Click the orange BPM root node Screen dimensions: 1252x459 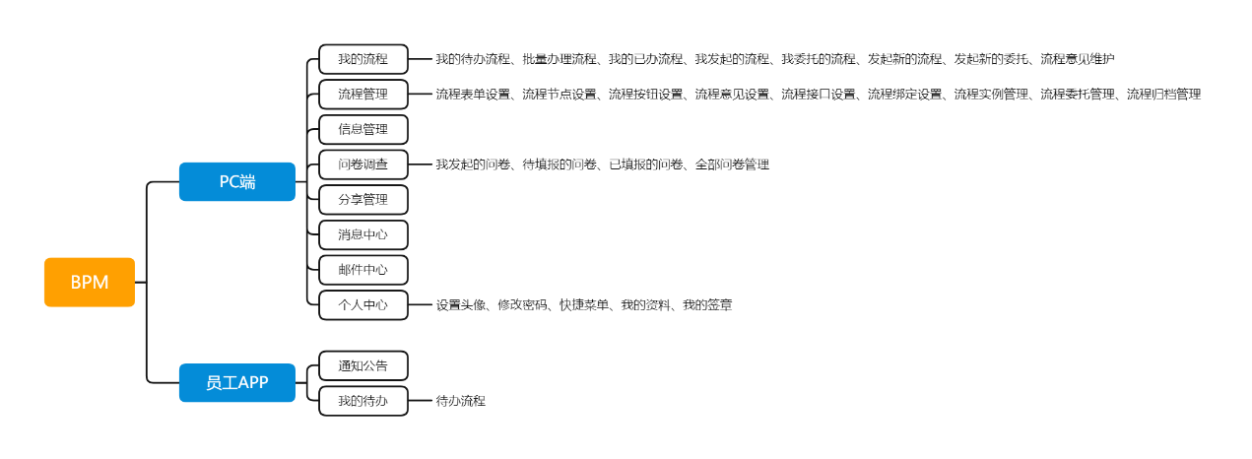coord(90,282)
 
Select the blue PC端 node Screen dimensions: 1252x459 coord(237,181)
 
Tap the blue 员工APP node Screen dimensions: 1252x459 coord(237,382)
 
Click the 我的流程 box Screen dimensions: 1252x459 coord(363,59)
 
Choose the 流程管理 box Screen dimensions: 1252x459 coord(363,94)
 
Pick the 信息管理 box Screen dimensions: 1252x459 coord(363,129)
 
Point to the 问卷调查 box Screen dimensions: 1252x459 coord(363,164)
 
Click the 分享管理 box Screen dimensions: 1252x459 coord(363,200)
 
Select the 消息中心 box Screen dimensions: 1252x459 coord(363,234)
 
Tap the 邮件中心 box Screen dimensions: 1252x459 coord(363,270)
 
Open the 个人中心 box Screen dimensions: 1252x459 coord(363,305)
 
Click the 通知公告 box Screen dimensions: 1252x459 coord(363,365)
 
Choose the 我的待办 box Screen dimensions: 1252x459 coord(363,401)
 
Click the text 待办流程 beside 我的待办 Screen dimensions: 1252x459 coord(461,401)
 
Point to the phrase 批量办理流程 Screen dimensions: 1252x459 coord(560,59)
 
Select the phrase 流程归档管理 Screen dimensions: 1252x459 coord(1163,94)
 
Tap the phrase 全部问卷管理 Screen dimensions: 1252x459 coord(732,164)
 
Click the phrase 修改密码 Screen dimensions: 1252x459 coord(522,304)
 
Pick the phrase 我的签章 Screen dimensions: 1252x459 coord(707,304)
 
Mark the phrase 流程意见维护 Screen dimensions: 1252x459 coord(1077,59)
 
